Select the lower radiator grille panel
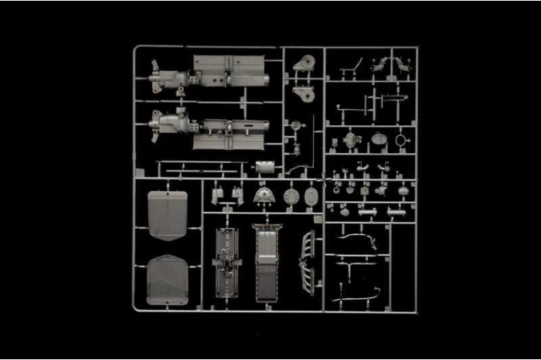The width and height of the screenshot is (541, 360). coord(167,279)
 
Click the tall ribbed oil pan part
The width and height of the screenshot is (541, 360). coord(267,263)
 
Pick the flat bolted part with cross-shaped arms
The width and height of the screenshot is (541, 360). coord(226,263)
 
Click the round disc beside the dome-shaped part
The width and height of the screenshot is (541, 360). coord(291,196)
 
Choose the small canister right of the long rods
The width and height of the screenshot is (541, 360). coord(265,168)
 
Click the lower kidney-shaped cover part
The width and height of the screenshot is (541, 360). coord(304,93)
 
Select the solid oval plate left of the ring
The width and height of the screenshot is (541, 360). coord(378,139)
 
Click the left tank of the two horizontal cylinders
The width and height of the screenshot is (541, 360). coord(366,210)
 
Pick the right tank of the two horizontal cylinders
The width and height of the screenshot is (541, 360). coord(396,210)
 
